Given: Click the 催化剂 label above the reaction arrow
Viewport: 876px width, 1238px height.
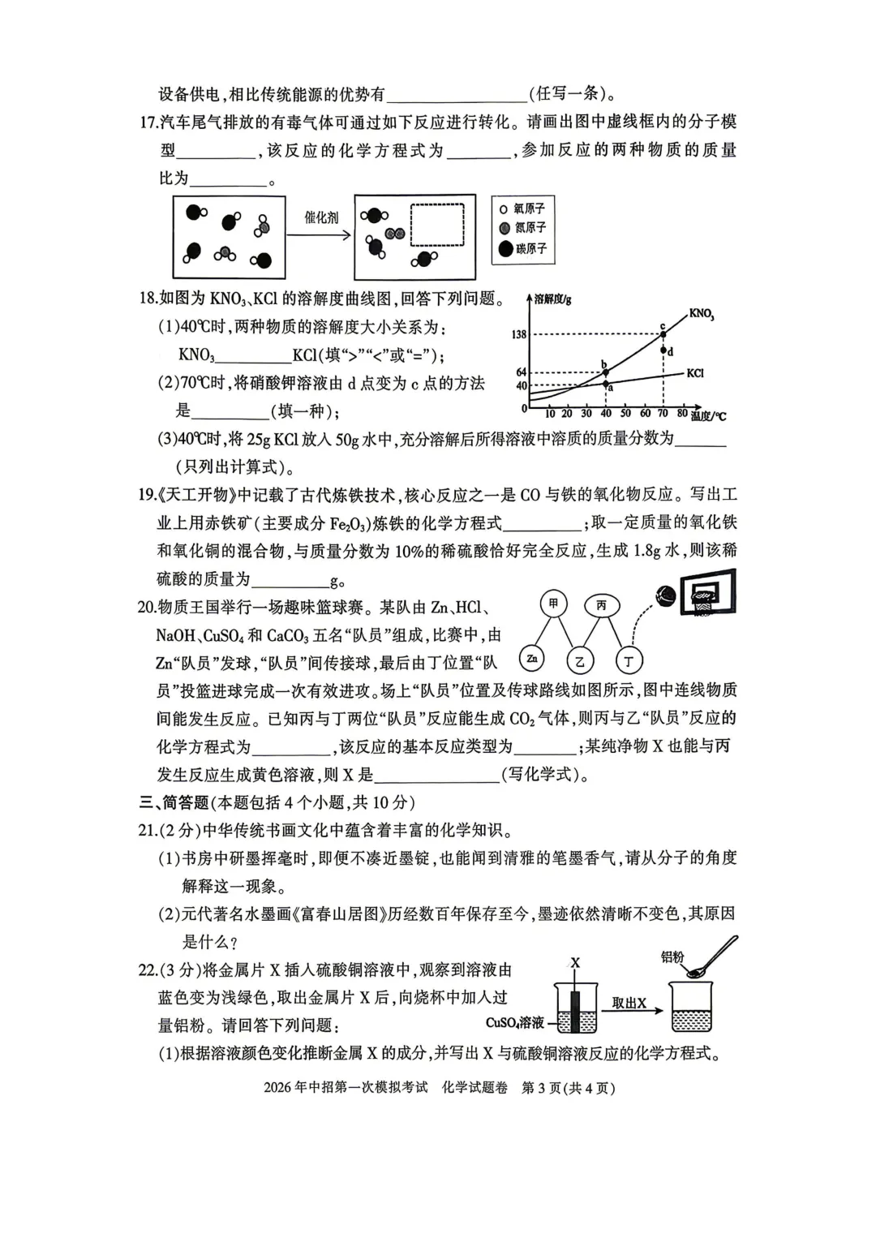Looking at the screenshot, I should tap(320, 217).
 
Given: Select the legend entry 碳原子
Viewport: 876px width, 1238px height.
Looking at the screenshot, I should tap(523, 249).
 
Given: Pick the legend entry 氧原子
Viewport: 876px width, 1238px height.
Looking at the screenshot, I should tap(523, 209).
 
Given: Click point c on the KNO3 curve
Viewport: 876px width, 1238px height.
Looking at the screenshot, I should tap(663, 333).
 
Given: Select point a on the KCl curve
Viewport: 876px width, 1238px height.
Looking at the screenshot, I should tap(605, 384).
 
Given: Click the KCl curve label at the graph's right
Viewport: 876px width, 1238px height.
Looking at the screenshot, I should tap(694, 373).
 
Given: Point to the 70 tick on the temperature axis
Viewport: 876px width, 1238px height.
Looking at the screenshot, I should tap(663, 414).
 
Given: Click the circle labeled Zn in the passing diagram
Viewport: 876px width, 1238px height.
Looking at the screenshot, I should tap(531, 659).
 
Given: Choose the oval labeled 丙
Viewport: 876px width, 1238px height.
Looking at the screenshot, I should tap(601, 605).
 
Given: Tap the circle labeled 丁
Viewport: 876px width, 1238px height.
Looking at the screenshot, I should tap(628, 661).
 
